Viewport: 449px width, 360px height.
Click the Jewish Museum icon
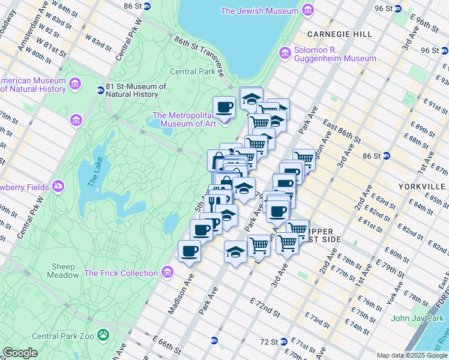coord(308,11)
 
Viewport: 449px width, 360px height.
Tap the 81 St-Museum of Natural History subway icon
coord(100,91)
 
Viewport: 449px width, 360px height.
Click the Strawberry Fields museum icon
coord(58,185)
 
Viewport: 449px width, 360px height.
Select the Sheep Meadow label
coord(64,271)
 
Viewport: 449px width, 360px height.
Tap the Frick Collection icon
coord(167,274)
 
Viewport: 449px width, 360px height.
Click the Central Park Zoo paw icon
coord(104,333)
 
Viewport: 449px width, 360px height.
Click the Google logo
coord(20,353)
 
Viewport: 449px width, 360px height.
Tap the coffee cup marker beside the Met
coord(224,107)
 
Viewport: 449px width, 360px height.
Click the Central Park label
coord(192,71)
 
